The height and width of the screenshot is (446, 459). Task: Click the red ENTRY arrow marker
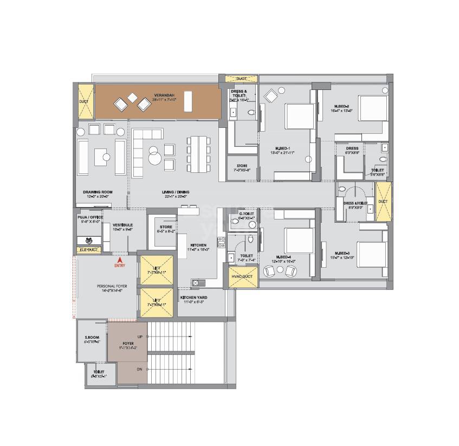point(119,260)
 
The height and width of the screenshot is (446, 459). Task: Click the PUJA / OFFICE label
point(89,216)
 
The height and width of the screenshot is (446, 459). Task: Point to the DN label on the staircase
point(139,369)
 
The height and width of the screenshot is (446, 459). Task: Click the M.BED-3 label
point(342,253)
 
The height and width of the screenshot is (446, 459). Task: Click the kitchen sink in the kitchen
point(196,282)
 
